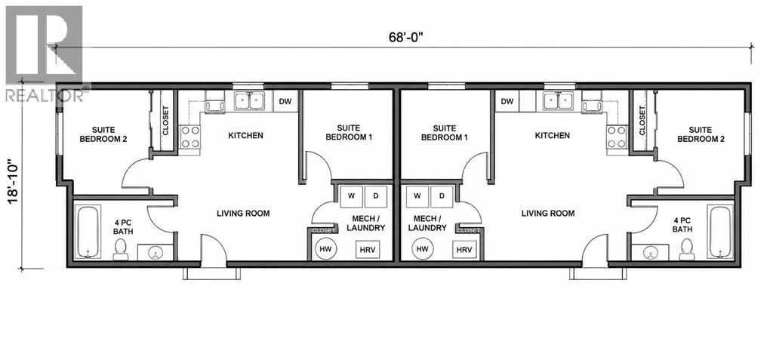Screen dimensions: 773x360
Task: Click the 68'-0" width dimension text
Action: pos(406,38)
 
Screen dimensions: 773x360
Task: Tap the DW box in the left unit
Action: pos(285,102)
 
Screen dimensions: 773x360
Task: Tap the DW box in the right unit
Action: pos(507,102)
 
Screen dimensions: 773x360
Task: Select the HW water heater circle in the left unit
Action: pos(325,249)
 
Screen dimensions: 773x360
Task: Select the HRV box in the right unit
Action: pos(464,250)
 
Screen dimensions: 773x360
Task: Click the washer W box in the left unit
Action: pos(352,196)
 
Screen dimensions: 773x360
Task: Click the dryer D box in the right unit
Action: pos(442,196)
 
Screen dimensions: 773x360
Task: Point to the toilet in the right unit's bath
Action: pos(686,250)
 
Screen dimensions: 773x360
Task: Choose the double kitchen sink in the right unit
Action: pos(558,101)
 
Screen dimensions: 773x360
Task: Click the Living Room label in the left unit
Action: pos(244,214)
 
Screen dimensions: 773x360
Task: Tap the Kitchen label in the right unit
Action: pos(553,135)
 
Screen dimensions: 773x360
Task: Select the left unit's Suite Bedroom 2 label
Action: pos(103,134)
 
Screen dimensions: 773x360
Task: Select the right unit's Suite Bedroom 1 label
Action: pos(444,132)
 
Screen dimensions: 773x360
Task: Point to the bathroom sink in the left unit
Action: pos(156,252)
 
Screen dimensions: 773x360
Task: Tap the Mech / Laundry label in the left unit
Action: pos(365,223)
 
